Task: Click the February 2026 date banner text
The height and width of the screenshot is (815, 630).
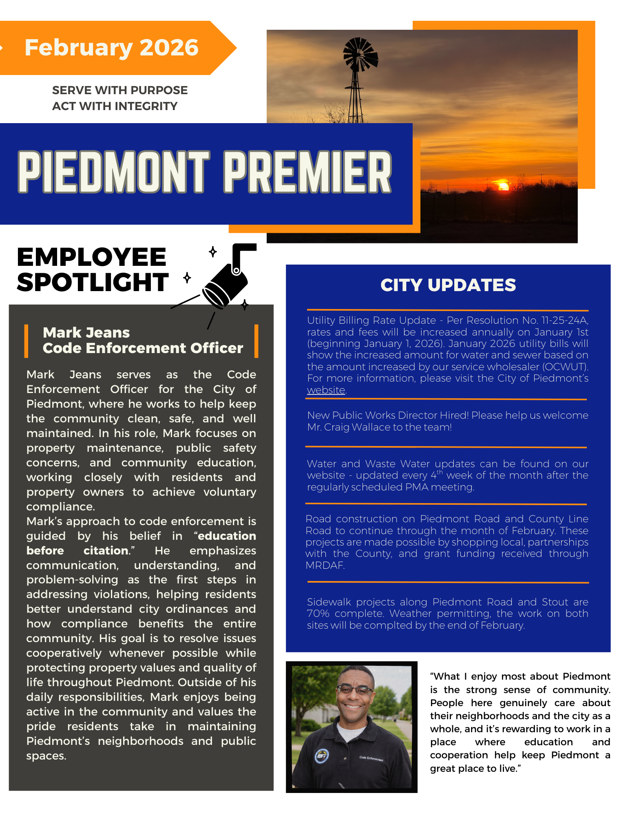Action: click(111, 48)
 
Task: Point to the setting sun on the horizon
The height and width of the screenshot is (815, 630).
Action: click(504, 186)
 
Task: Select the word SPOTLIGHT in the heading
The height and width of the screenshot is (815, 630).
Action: click(93, 283)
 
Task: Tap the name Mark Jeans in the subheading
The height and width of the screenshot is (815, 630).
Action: click(86, 333)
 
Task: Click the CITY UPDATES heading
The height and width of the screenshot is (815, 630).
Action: click(448, 285)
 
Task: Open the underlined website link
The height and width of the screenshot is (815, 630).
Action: click(326, 390)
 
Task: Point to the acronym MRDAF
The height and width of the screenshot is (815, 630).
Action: click(325, 565)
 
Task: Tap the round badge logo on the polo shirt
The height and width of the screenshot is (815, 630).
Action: click(322, 756)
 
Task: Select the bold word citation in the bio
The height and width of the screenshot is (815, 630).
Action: click(106, 551)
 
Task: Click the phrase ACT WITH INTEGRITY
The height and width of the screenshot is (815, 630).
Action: click(115, 106)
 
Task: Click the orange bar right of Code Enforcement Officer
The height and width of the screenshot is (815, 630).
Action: click(256, 341)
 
